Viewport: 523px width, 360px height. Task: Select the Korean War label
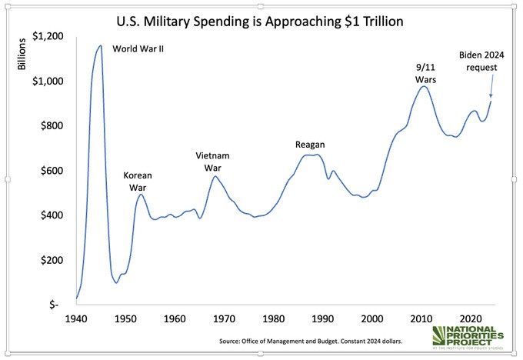pos(138,181)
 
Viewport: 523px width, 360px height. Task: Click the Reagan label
pos(311,145)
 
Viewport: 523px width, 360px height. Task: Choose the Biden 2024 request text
pos(481,61)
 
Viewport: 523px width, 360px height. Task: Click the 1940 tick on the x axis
pos(76,318)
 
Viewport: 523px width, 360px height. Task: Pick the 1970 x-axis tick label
pos(225,318)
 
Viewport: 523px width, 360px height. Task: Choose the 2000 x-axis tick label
pos(372,318)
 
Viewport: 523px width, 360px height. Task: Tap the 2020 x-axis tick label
pos(471,318)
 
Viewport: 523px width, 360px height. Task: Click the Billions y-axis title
pos(22,55)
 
